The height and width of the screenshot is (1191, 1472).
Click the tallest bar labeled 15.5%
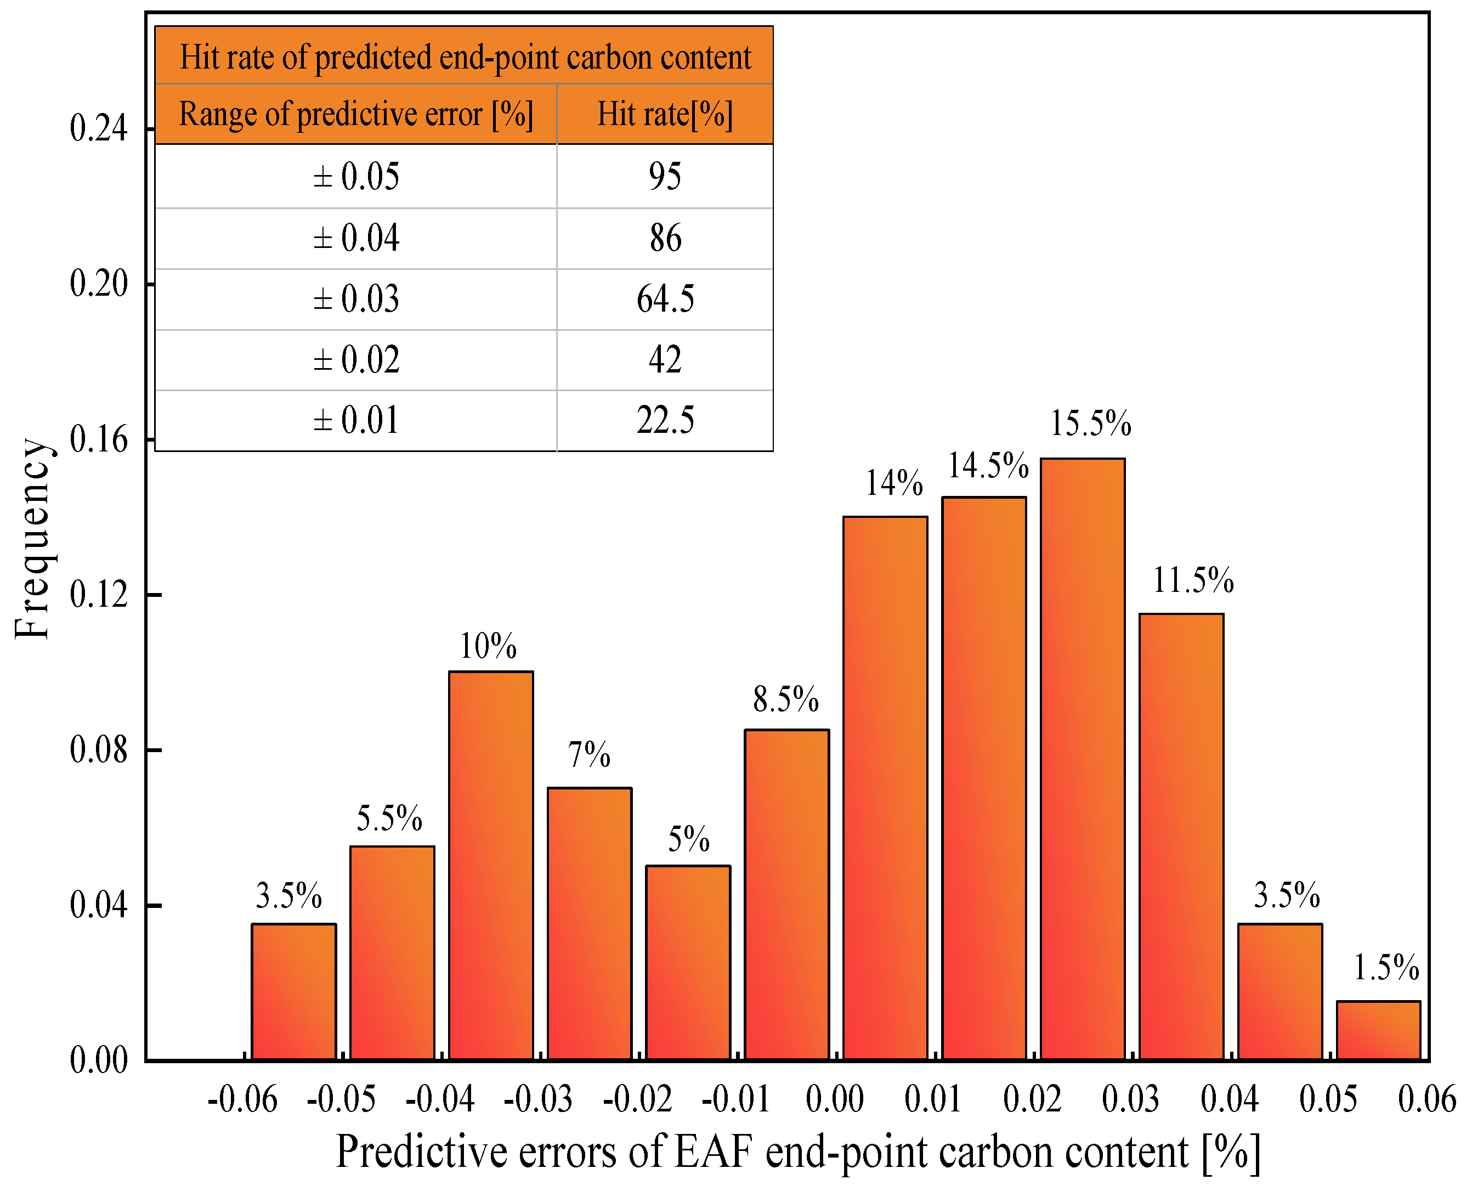(x=1083, y=759)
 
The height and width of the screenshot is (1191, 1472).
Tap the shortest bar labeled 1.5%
(x=1379, y=1030)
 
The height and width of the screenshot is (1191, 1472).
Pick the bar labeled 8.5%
(x=787, y=895)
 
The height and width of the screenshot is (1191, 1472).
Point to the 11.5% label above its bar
(x=1193, y=580)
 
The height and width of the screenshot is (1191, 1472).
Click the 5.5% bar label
(x=389, y=819)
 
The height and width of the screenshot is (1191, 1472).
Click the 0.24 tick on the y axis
(x=99, y=128)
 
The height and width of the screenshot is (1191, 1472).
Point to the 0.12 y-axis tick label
(x=99, y=594)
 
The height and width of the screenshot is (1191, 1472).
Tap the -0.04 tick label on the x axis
(x=440, y=1099)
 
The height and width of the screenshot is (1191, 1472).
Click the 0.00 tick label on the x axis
(x=834, y=1099)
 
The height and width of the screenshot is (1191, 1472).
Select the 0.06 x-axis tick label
(x=1426, y=1099)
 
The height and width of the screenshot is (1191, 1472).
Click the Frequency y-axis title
(x=32, y=539)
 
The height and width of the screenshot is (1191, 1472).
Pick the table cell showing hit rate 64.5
(x=665, y=299)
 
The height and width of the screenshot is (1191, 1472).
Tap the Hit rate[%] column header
(x=665, y=114)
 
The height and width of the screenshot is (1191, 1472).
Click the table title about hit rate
(x=465, y=57)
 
